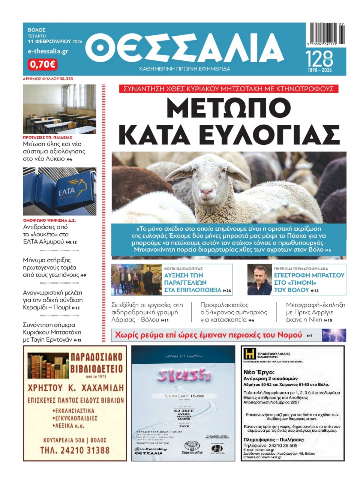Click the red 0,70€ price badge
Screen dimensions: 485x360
tap(42, 65)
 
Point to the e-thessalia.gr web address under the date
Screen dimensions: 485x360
tap(48, 51)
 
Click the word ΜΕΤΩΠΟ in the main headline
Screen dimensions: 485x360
tap(228, 108)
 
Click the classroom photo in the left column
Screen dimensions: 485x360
tap(59, 109)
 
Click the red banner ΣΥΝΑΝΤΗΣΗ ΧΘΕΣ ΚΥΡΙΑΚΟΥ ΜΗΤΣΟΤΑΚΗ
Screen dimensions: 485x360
tap(228, 89)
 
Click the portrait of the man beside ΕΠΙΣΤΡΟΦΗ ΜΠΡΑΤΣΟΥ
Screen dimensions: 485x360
tap(259, 280)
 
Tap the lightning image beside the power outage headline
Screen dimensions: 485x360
tap(334, 335)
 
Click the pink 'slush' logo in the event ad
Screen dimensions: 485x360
tap(184, 375)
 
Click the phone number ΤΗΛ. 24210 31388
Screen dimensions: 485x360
tap(75, 450)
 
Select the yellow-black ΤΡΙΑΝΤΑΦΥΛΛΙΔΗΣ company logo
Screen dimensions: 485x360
tap(249, 354)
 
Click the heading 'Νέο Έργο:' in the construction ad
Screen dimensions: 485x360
tap(259, 372)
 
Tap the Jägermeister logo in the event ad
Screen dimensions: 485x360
tap(192, 447)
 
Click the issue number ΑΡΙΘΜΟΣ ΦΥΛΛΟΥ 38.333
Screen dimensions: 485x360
tap(48, 79)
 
